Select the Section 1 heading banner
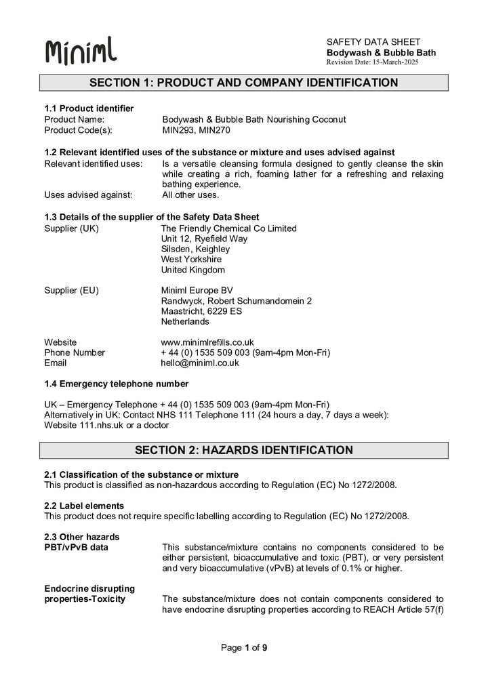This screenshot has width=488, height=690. pos(244,83)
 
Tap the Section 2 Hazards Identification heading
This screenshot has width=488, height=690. pos(244,450)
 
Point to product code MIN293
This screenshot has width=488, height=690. pos(178,129)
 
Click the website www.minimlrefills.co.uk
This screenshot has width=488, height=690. pos(207,342)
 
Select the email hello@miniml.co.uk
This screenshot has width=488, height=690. pos(200,363)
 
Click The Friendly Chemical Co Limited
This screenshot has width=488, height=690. pos(228,228)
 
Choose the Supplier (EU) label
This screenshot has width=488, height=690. pos(71,290)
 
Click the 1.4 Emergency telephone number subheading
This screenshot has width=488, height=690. pos(116,384)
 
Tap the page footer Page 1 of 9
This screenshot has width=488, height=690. pos(244,648)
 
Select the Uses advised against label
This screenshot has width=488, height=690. pos(88,195)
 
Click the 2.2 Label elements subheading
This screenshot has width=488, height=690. pos(84,506)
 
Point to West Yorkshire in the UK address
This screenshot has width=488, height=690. pos(191,259)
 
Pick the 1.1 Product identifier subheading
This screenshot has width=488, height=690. pos(89,108)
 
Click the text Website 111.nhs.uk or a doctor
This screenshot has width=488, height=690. pos(106,425)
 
